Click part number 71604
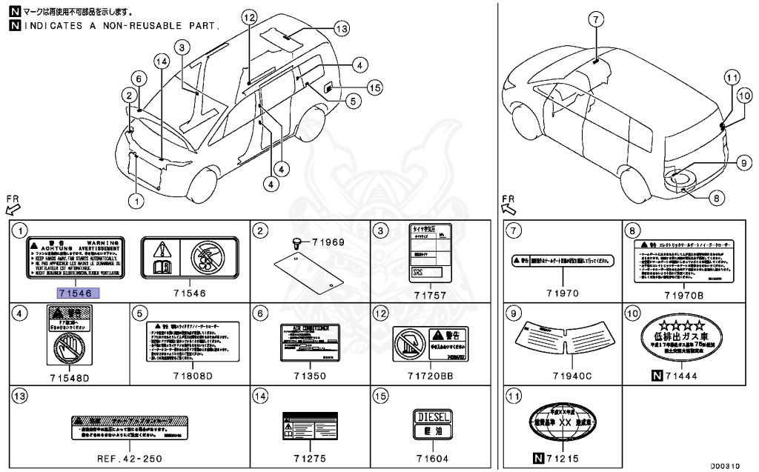(x=434, y=458)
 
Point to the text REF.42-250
(x=129, y=458)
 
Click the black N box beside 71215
(x=540, y=459)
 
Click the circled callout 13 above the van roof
(x=340, y=29)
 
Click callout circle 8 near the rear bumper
(x=716, y=197)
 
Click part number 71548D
(x=69, y=376)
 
